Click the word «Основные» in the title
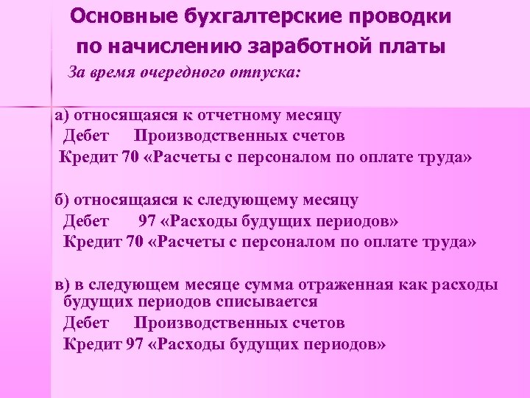point(119,16)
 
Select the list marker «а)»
point(63,116)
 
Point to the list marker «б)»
point(63,200)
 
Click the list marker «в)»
point(63,285)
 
